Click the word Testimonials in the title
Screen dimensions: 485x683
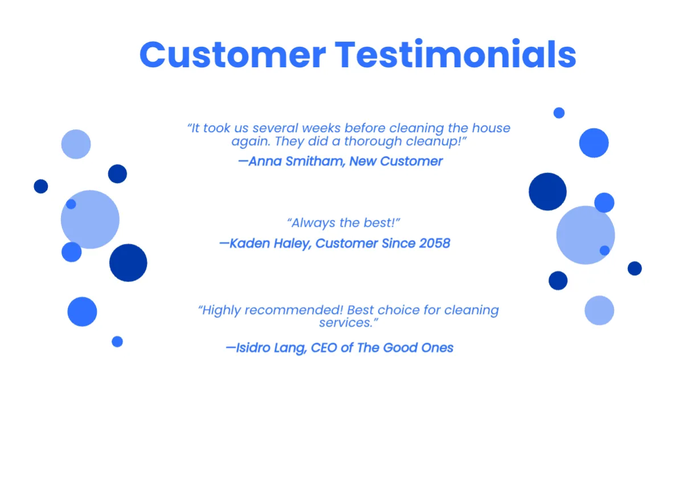[x=455, y=55]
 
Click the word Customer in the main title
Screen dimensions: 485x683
[x=232, y=55]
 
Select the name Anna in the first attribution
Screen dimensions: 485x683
[x=266, y=161]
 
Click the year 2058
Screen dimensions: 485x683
[x=434, y=243]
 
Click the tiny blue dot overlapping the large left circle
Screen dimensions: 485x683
[x=71, y=204]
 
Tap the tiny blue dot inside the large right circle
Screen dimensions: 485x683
[x=604, y=250]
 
